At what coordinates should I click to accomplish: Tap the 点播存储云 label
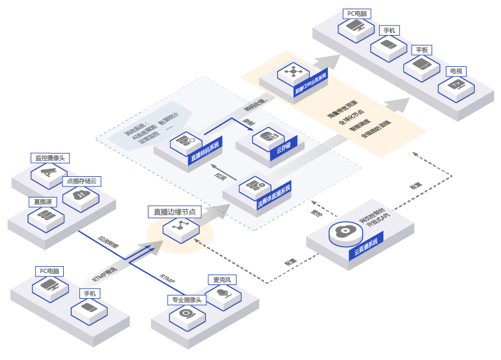click(82, 181)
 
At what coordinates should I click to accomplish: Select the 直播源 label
click(43, 202)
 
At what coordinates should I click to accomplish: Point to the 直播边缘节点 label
click(175, 212)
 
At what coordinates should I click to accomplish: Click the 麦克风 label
click(222, 279)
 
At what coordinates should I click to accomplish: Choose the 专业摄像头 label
click(186, 300)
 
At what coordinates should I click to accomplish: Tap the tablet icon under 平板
click(422, 64)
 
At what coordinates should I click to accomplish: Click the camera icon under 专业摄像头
click(187, 313)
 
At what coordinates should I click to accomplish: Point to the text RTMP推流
click(104, 273)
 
